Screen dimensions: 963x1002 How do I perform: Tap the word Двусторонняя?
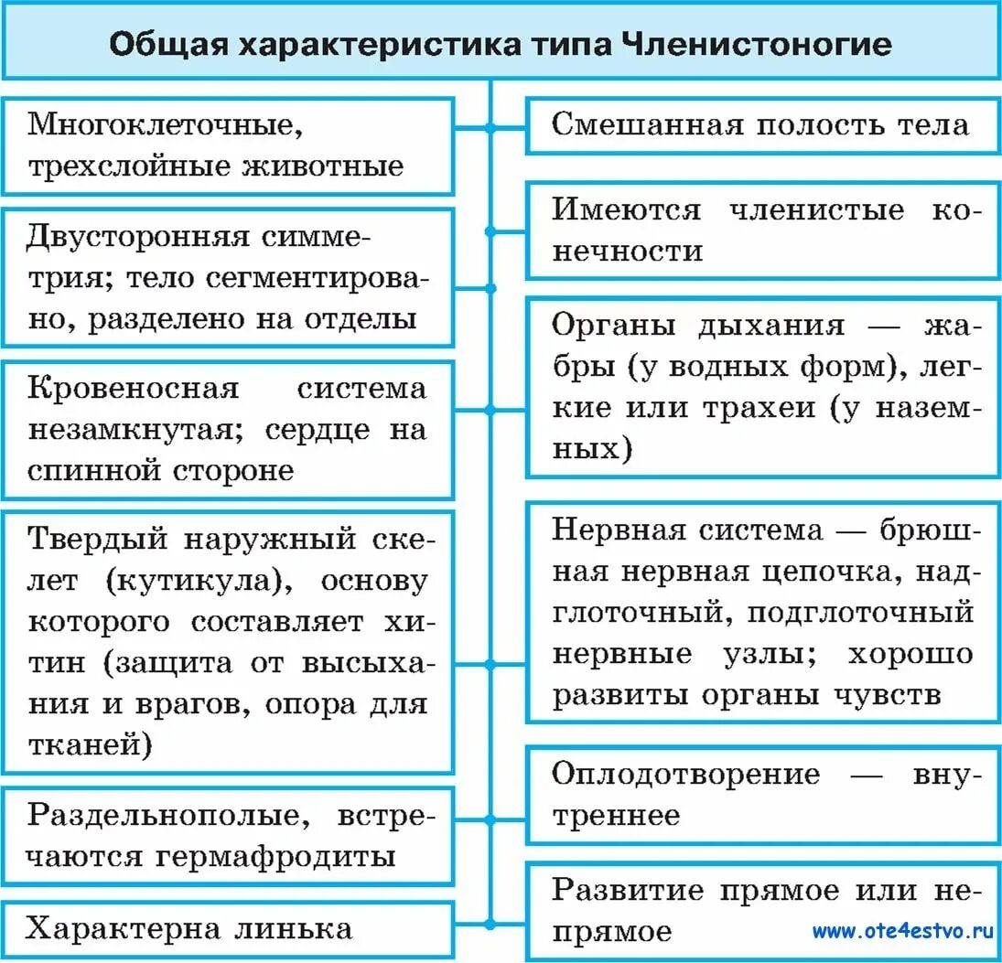click(138, 237)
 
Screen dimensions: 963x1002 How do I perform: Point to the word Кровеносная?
click(133, 388)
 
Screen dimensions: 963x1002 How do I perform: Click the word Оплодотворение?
click(686, 774)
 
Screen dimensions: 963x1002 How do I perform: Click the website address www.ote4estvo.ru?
click(902, 931)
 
